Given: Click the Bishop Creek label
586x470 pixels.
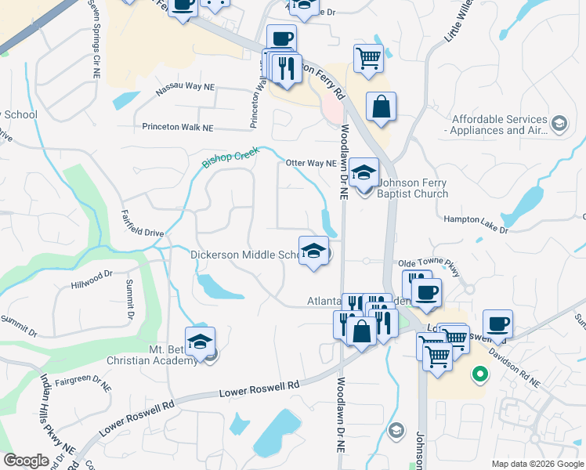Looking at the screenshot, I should [x=230, y=156].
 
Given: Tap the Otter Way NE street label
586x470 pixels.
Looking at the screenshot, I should [x=311, y=163].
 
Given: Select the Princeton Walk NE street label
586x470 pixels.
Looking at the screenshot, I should [x=178, y=127].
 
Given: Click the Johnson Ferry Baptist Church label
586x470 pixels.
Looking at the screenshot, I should [x=413, y=189].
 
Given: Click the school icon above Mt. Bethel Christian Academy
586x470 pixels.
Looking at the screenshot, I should [x=200, y=341].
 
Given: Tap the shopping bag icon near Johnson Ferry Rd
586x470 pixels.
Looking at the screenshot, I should [x=381, y=107].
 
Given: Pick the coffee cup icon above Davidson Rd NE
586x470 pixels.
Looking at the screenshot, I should [x=497, y=323].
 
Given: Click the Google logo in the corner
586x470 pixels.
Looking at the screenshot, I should [x=26, y=460].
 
